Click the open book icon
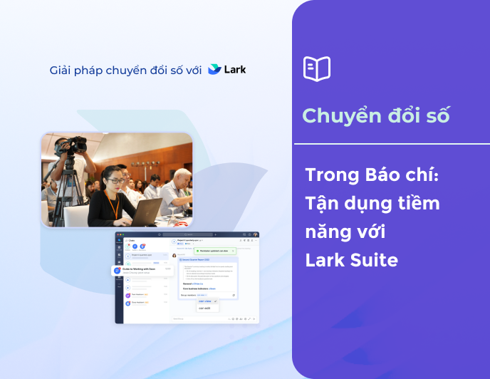[x=317, y=68]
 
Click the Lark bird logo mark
[x=214, y=70]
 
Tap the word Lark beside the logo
[x=235, y=70]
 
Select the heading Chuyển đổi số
[x=375, y=116]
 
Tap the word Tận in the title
[x=322, y=203]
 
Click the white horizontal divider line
[x=391, y=144]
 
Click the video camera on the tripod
[x=71, y=145]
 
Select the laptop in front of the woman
[x=147, y=212]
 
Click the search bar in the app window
[x=187, y=234]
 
